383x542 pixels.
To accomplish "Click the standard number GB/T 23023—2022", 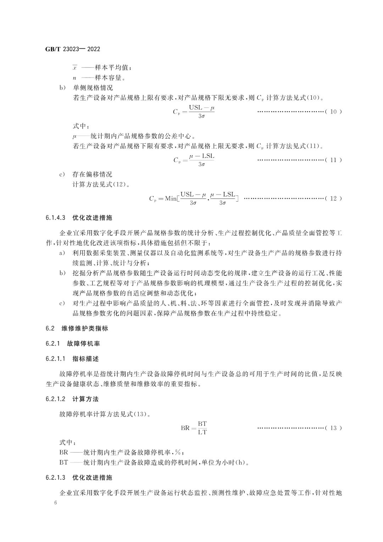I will click(72, 49).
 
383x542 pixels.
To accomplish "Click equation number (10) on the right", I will click(333, 112).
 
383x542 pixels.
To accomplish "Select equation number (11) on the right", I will click(333, 160).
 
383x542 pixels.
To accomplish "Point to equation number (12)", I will click(333, 198).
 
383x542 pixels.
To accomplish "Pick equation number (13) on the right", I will click(333, 428).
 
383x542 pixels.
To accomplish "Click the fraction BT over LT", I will click(202, 428).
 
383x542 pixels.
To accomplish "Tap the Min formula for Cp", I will click(194, 198).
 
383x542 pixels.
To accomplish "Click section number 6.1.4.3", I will click(56, 218).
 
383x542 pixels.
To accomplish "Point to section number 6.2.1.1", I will click(56, 359).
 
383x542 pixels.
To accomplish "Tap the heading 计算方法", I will click(85, 399).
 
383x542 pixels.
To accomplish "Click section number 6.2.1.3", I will click(56, 478).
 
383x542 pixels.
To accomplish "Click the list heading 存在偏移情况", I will click(92, 174).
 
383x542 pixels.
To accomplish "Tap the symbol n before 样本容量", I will click(74, 77).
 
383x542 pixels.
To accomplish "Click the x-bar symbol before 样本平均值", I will click(74, 67).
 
